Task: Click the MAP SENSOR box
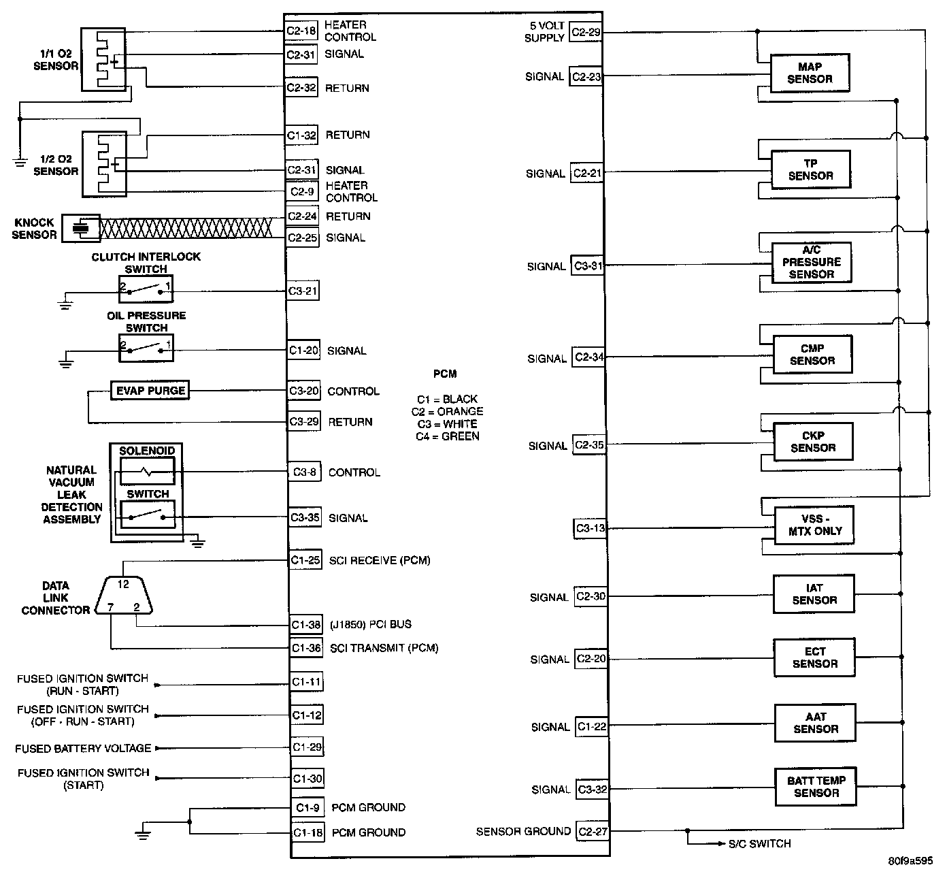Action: (x=810, y=73)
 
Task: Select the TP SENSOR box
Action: (x=810, y=169)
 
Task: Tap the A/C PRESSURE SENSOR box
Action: (x=812, y=262)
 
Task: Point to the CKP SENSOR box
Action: (x=813, y=442)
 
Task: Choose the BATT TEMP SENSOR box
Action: (x=816, y=787)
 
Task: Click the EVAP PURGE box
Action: (x=150, y=391)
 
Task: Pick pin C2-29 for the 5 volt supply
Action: (x=586, y=32)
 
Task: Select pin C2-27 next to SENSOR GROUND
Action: (x=592, y=831)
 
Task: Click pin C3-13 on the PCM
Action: (x=590, y=528)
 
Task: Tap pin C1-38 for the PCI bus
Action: (x=305, y=624)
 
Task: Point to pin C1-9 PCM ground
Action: (x=308, y=807)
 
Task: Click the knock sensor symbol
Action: (x=81, y=227)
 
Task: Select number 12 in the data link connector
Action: (x=123, y=584)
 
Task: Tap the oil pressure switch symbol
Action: (x=146, y=350)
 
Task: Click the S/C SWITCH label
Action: (x=759, y=844)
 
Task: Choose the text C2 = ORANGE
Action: (x=447, y=411)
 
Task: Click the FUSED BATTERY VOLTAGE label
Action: (x=83, y=748)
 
